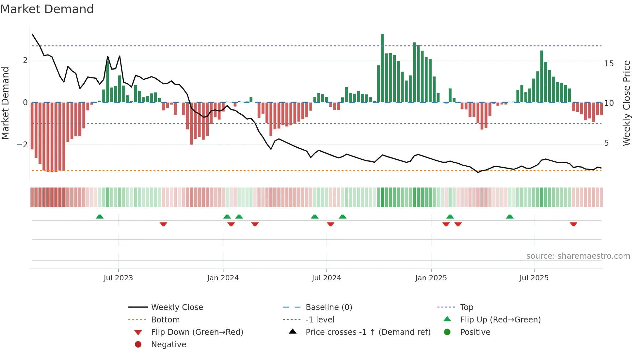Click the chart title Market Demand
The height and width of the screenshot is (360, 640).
47,9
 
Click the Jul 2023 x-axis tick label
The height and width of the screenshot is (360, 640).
118,278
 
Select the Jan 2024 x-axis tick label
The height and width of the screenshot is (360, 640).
223,278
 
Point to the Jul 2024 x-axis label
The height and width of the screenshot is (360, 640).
327,278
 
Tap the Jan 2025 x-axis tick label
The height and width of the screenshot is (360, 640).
431,278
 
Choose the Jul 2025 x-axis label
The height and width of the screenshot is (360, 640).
534,278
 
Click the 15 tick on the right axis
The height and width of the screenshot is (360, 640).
609,64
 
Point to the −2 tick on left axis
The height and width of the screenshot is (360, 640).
22,144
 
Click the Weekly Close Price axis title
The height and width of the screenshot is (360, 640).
626,103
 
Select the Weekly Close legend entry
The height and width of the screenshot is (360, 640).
177,307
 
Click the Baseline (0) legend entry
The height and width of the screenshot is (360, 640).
329,307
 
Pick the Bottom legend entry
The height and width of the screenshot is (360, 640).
165,320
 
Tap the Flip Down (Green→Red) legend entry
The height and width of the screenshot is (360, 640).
197,332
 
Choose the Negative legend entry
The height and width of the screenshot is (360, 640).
168,345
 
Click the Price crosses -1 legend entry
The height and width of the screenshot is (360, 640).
368,332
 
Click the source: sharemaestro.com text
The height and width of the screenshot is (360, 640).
578,256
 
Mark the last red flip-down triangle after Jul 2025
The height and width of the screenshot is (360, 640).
573,224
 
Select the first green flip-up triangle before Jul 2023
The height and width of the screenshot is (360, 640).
100,217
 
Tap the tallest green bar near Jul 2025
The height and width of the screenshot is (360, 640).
542,76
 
